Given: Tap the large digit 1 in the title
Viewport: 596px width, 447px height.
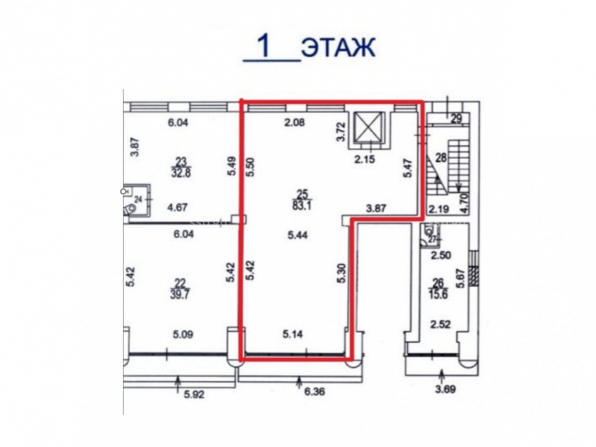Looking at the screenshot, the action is tap(265, 47).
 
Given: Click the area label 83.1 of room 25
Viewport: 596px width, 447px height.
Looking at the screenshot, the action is tap(303, 208).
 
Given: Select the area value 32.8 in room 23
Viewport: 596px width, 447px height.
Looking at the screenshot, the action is tap(182, 173).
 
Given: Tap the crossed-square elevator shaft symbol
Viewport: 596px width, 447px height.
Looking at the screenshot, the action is tap(368, 126).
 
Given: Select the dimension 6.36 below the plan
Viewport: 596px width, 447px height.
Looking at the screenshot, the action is tap(315, 391).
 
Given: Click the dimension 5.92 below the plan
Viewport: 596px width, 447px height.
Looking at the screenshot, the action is tap(194, 394).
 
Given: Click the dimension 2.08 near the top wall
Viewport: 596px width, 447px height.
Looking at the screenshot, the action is tap(294, 123).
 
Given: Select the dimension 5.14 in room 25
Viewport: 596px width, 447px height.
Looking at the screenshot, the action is tap(293, 334).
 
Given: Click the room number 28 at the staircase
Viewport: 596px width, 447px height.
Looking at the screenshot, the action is tap(441, 158).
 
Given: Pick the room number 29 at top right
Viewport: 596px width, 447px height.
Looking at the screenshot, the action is tap(456, 119).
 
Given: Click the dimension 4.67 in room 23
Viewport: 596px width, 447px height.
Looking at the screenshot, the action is tap(178, 207).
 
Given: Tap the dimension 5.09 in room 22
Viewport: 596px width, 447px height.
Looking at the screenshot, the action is tap(183, 335).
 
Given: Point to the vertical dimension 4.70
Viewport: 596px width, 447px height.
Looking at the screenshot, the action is tap(466, 204).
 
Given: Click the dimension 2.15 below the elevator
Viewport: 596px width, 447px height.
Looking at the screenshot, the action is tap(364, 159).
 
